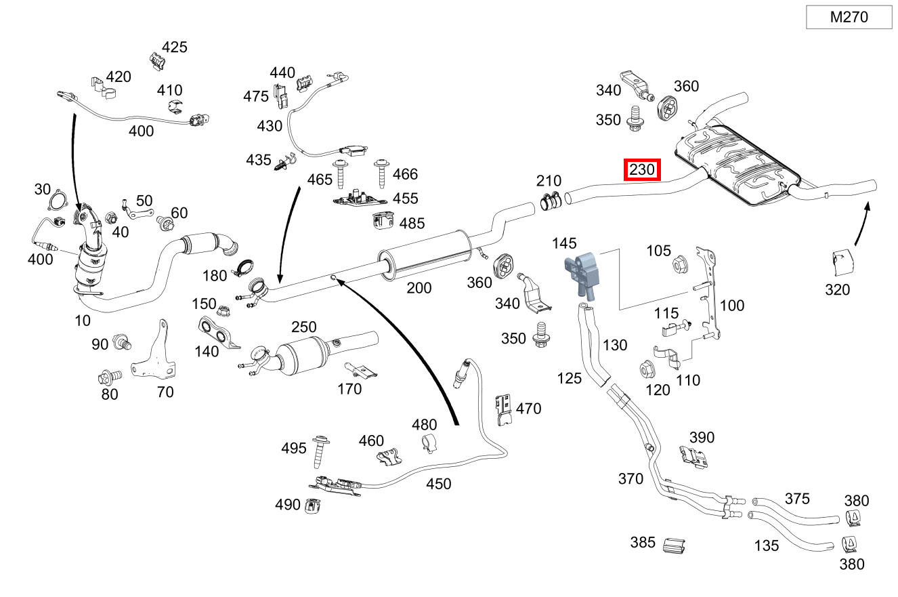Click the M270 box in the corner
pos(849,18)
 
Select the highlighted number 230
pos(642,170)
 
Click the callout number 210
pos(549,181)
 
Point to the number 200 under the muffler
pos(419,288)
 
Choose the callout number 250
pos(304,327)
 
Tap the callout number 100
pos(731,306)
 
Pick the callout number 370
pos(630,479)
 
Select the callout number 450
pos(438,484)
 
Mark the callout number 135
pos(766,545)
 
